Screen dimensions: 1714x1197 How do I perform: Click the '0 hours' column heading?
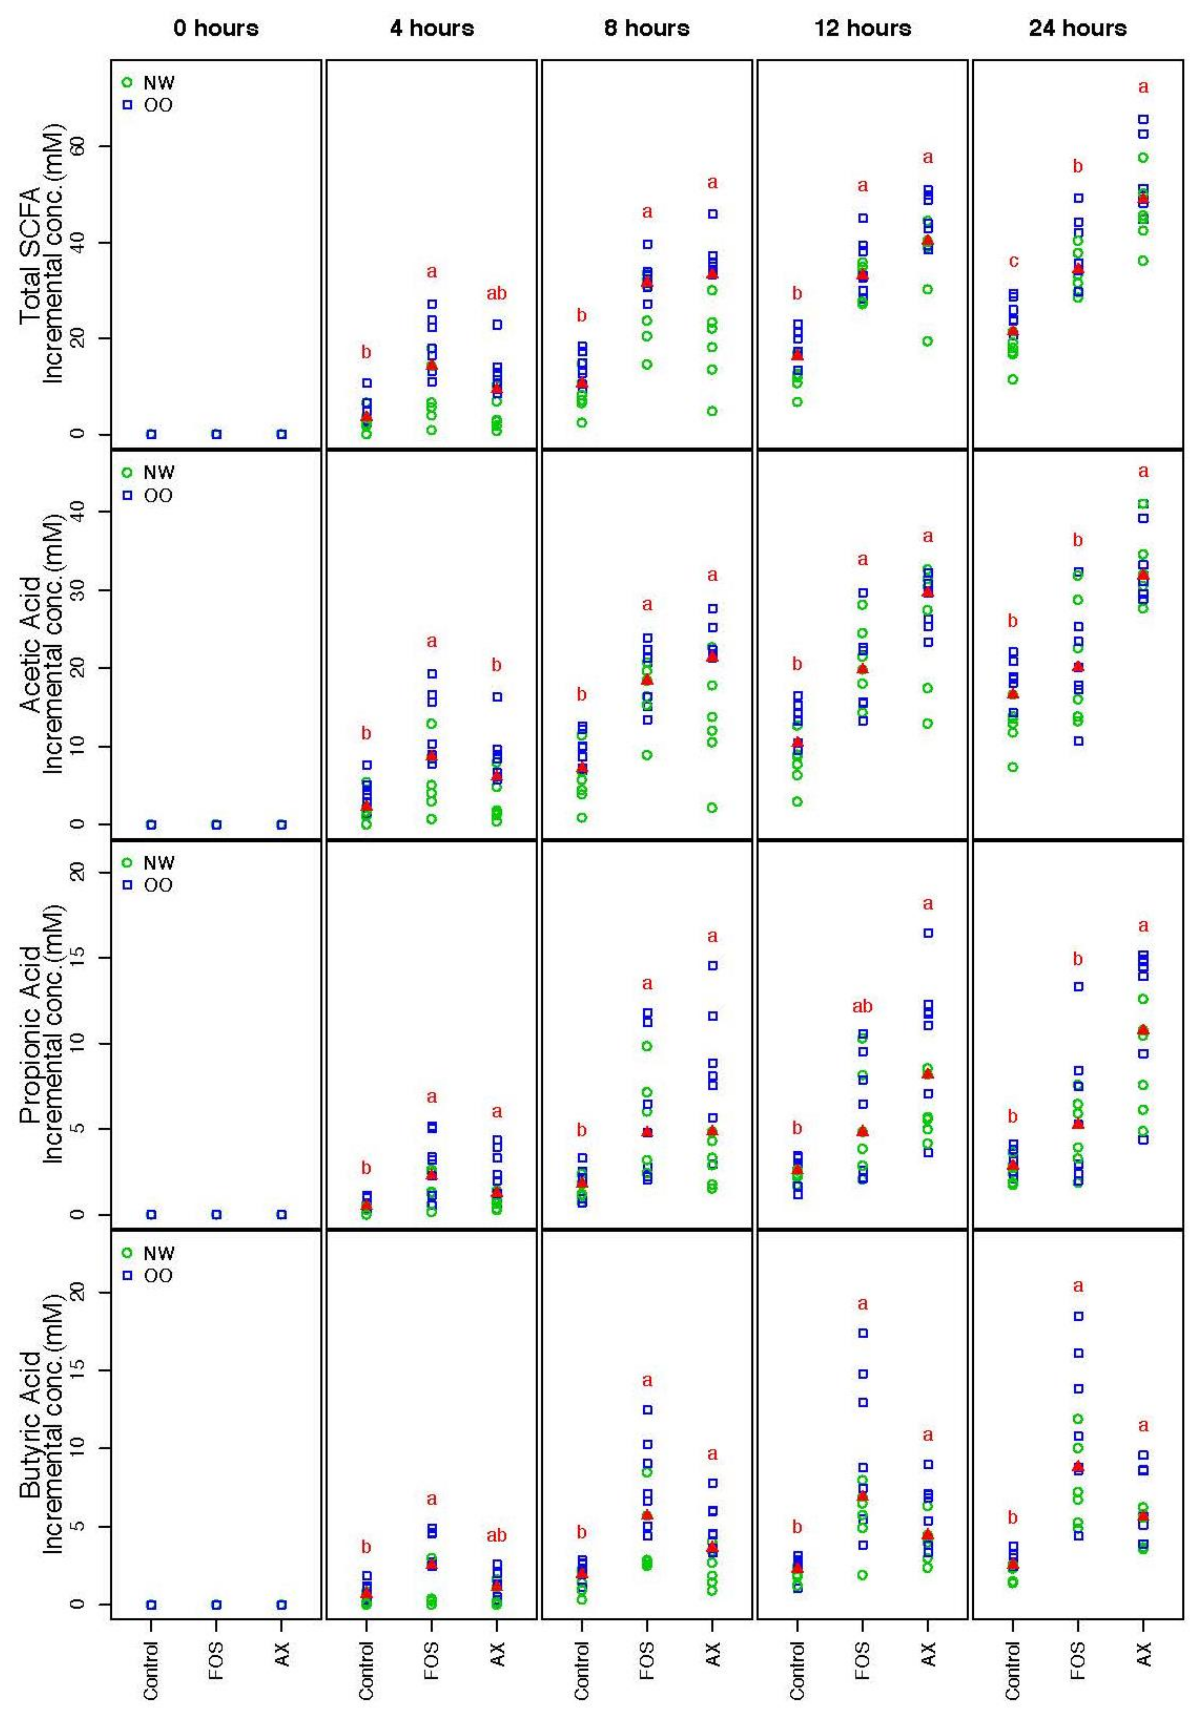pyautogui.click(x=216, y=29)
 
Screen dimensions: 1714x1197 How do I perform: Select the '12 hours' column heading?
pyautogui.click(x=863, y=29)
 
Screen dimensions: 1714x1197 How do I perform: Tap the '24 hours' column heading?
pyautogui.click(x=1077, y=29)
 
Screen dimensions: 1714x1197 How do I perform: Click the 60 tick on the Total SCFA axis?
pyautogui.click(x=77, y=147)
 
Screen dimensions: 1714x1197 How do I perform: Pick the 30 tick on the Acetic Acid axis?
pyautogui.click(x=77, y=590)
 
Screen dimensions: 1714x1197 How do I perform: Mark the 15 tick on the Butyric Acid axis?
pyautogui.click(x=77, y=1370)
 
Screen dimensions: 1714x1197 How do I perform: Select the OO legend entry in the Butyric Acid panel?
pyautogui.click(x=149, y=1276)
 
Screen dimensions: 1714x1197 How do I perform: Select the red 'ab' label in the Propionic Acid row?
pyautogui.click(x=863, y=1006)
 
